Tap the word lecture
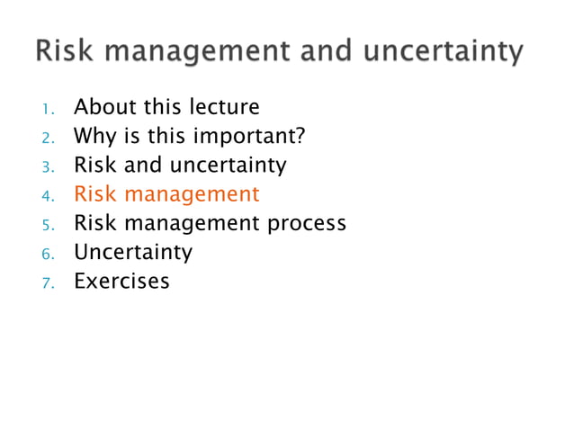225,108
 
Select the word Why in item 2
94,137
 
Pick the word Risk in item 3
93,166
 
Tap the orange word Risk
93,194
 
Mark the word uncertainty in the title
444,52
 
